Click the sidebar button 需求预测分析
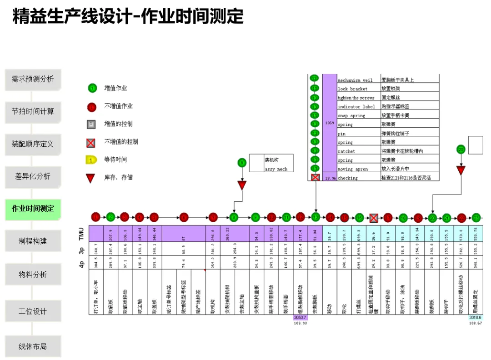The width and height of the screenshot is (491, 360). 33,79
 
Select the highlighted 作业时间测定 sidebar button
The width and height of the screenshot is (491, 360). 33,209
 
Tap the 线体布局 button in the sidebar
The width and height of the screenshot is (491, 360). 33,346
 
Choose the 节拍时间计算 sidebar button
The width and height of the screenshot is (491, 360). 33,111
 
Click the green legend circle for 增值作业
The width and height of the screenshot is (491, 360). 92,88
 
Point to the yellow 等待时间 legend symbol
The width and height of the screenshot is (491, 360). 91,160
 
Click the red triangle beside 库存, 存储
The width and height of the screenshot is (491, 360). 91,178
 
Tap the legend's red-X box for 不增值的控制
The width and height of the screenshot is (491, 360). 91,143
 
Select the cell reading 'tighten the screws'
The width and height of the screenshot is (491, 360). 356,98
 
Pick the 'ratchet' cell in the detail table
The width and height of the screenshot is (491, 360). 346,151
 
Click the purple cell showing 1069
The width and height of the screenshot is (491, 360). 330,123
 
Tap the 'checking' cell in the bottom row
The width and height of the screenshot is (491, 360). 348,178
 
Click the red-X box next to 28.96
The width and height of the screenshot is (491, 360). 315,177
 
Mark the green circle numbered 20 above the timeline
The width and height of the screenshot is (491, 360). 461,149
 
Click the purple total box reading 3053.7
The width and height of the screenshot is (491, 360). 301,317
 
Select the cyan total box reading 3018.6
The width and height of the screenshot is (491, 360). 476,317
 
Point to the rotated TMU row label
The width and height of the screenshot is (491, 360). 81,234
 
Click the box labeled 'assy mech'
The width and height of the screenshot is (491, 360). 276,169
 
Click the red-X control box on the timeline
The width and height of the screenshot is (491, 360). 374,218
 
